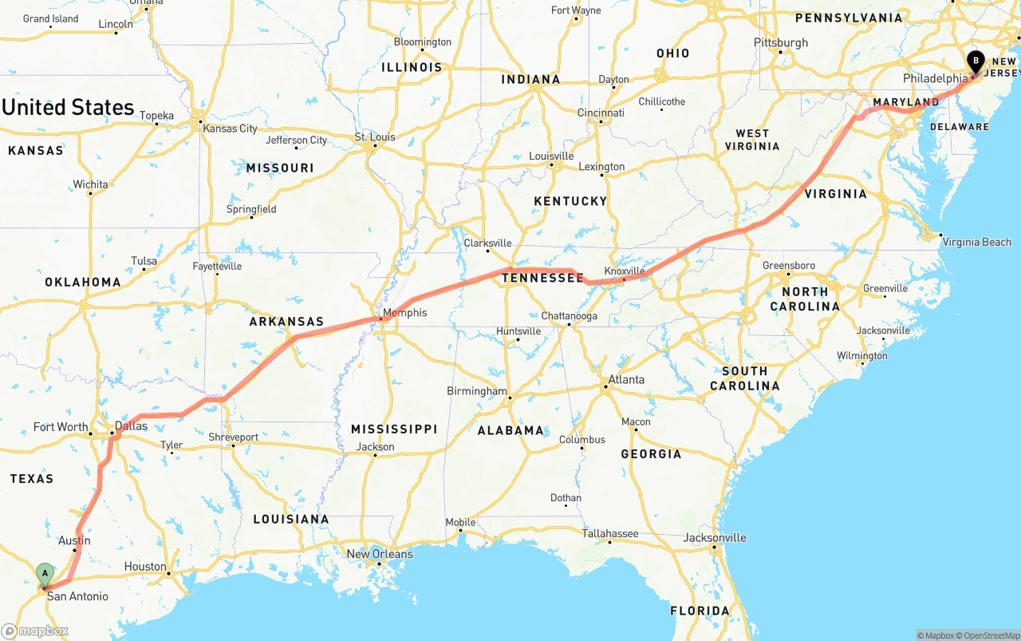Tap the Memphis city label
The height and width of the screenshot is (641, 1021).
[x=404, y=313]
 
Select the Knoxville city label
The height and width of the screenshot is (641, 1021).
[x=625, y=271]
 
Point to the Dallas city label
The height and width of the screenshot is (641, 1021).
[x=131, y=426]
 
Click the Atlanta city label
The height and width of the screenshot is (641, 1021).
[x=626, y=379]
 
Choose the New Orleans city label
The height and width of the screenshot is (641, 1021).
[x=380, y=554]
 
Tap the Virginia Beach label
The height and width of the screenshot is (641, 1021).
[x=976, y=242]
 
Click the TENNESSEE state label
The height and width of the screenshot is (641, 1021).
[x=542, y=278]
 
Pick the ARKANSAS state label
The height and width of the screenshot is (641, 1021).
[x=286, y=322]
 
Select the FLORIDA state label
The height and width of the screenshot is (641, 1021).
[x=700, y=611]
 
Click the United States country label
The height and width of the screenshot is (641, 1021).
[x=68, y=108]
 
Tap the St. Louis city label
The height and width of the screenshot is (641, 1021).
[x=375, y=137]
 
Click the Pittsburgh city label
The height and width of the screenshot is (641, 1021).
[x=781, y=42]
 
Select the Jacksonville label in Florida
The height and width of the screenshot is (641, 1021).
[x=715, y=537]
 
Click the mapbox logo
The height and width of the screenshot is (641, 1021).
[x=35, y=631]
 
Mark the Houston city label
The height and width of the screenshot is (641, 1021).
[x=145, y=567]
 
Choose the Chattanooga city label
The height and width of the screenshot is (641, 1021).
[x=570, y=316]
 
